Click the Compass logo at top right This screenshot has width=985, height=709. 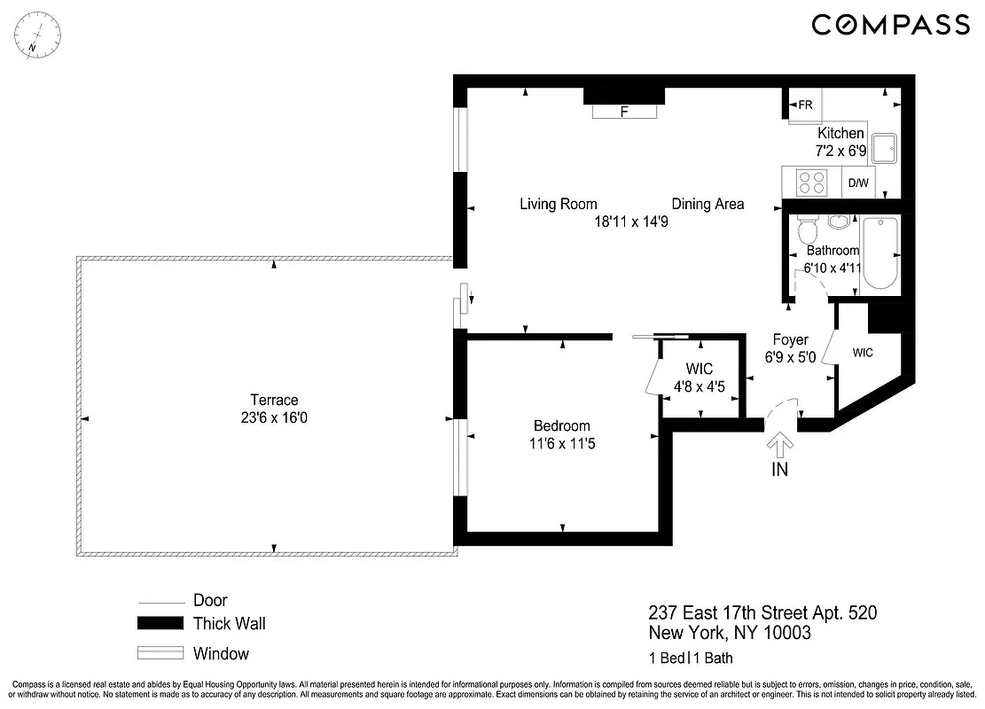coord(891,25)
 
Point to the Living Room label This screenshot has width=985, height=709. coord(558,204)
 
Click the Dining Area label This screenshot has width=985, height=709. coord(707,204)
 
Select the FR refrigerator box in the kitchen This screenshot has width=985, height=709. coord(804,105)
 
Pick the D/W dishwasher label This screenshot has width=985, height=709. coord(858,183)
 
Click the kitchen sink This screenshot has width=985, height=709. coord(886,148)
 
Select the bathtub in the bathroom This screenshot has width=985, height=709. coord(880,253)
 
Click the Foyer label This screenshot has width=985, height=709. coord(790,339)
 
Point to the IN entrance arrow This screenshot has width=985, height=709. coord(780,445)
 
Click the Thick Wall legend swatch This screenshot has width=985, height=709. coord(160,624)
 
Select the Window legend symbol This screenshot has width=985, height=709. coord(160,655)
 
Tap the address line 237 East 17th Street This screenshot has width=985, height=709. coord(762,613)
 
